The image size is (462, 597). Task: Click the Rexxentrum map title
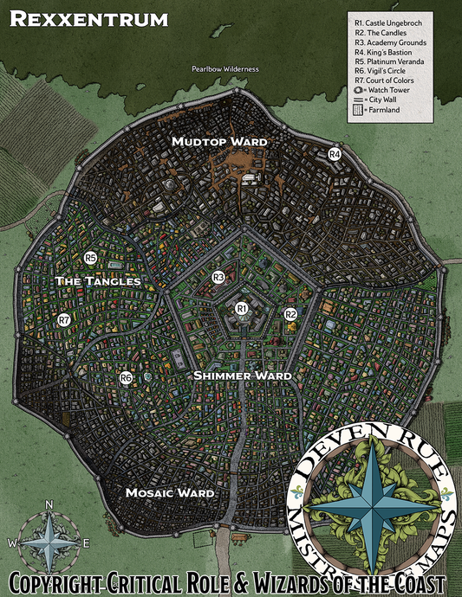coord(90,18)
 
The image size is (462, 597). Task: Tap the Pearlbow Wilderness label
coord(225,68)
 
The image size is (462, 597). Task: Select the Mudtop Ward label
coord(219,141)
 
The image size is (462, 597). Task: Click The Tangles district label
coord(97,282)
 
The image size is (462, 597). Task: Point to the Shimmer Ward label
coord(242,376)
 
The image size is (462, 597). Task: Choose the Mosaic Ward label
coord(169,493)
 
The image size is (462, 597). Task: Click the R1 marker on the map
coord(242,308)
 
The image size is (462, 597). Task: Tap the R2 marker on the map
coord(291,314)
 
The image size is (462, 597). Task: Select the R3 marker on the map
coord(218,277)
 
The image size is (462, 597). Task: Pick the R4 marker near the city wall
coord(335,154)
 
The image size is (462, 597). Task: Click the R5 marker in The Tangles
coord(90,258)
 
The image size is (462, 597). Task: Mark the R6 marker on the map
coord(126,378)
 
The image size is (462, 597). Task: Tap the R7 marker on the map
coord(64,320)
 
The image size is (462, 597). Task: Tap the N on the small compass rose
coord(49,505)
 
